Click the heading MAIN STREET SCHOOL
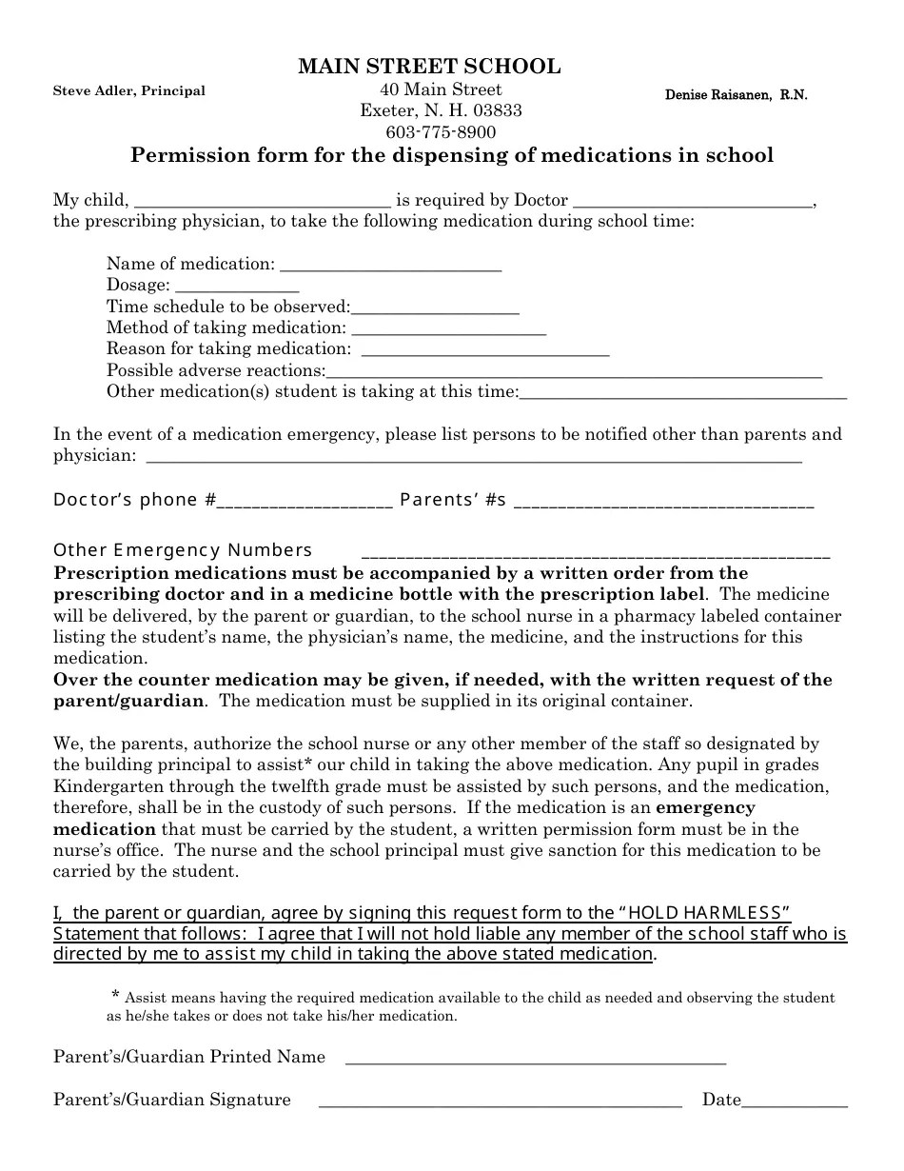pos(429,67)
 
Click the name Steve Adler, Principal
pos(128,91)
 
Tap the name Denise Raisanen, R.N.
pos(736,95)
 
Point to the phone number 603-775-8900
pos(441,132)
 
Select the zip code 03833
pos(498,110)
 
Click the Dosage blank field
pos(238,288)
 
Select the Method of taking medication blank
pos(448,331)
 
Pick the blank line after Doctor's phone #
pos(305,504)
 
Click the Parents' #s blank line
pos(663,504)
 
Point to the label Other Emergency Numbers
pos(183,550)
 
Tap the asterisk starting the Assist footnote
pos(115,996)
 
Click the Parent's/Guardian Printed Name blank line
pos(535,1060)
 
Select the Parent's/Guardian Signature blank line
pos(500,1103)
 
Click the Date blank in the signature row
pos(795,1103)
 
